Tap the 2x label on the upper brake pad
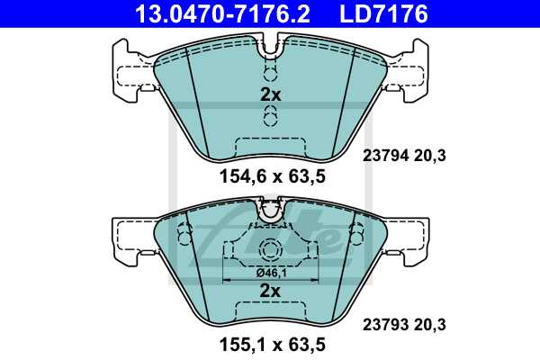point(270,94)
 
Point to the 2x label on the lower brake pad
point(270,290)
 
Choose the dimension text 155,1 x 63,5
point(270,344)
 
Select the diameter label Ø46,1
point(270,271)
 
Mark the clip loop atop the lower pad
point(270,211)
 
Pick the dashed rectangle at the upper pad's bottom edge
point(270,146)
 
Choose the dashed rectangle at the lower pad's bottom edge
point(270,313)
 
